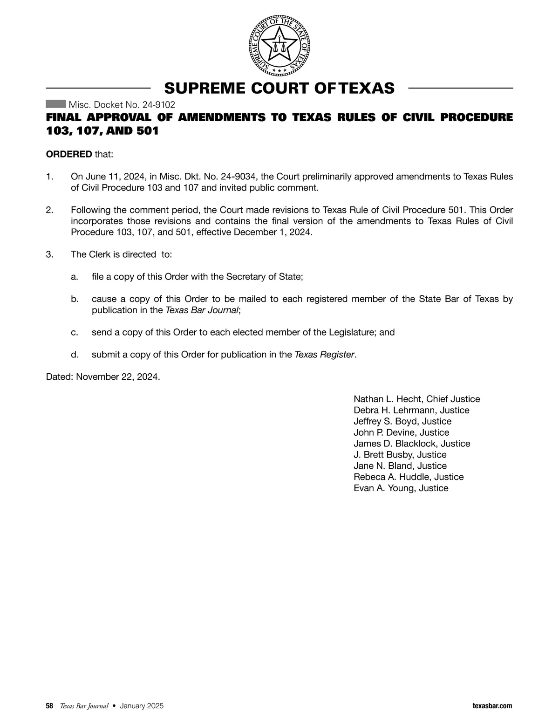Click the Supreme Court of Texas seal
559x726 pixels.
tap(279, 46)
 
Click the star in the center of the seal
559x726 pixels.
tap(279, 46)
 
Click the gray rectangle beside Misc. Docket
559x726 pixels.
tap(56, 104)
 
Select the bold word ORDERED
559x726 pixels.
tap(69, 154)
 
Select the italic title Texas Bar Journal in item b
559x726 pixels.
tap(202, 310)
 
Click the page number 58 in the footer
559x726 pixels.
tap(49, 706)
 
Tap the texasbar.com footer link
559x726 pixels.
tap(492, 706)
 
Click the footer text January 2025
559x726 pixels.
tap(142, 706)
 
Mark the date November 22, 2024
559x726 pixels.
tap(117, 377)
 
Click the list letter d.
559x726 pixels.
tap(74, 355)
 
